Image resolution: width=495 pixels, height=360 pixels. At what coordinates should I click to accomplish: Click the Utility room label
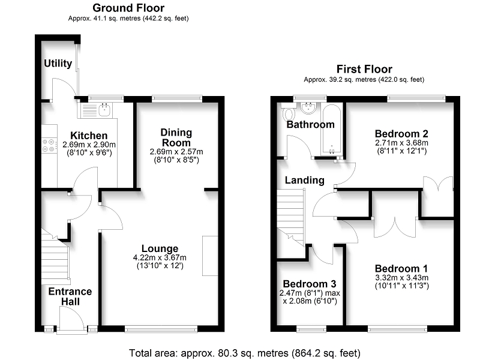58,63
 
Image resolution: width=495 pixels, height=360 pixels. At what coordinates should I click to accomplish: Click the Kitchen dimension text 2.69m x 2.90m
89,145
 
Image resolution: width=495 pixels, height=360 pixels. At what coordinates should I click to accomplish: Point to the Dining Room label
176,137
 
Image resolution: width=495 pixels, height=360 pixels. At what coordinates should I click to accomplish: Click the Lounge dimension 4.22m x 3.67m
160,257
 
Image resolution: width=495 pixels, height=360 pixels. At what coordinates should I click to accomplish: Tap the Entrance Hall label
70,296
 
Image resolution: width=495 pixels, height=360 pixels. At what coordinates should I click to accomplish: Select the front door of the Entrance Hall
71,319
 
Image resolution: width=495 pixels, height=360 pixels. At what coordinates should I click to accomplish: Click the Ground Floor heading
128,8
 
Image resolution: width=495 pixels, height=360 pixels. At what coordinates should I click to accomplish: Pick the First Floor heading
364,69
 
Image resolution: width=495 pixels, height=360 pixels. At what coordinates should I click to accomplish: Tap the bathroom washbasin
309,109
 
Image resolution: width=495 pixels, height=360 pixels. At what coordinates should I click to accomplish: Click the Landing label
305,180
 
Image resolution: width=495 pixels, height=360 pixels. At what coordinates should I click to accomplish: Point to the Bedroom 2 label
401,134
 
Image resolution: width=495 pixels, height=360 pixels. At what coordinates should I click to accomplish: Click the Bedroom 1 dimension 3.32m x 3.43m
401,278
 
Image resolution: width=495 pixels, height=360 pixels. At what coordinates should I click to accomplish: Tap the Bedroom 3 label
310,284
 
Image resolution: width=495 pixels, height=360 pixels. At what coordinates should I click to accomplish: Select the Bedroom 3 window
311,329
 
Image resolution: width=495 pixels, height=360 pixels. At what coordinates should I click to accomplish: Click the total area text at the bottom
245,353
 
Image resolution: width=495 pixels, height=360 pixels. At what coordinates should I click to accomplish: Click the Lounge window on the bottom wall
161,329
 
